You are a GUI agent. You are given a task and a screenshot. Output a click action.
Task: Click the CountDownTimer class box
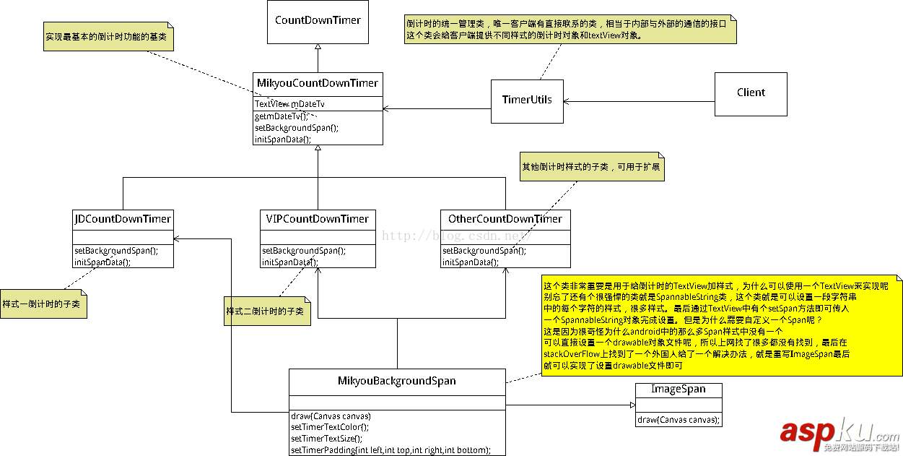(318, 22)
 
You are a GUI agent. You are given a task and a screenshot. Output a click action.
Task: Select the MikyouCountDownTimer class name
(318, 83)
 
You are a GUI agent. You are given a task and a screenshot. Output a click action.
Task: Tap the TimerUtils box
(527, 100)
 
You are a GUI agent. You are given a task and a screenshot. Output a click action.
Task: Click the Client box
(751, 93)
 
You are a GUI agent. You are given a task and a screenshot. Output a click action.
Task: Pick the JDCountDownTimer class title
(123, 219)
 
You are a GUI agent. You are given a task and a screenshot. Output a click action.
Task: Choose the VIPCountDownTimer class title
(318, 219)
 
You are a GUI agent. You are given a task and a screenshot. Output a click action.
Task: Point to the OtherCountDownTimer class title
(505, 219)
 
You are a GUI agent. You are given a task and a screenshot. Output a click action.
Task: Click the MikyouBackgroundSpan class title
(397, 381)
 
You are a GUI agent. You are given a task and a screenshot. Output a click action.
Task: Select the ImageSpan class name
(678, 390)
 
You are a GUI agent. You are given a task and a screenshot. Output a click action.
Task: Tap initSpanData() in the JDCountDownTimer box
(102, 262)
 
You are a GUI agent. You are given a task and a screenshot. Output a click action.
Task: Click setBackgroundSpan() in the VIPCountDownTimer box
(304, 251)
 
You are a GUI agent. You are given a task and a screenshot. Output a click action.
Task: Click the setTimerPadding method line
(391, 449)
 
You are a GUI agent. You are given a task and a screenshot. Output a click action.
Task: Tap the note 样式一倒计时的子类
(43, 304)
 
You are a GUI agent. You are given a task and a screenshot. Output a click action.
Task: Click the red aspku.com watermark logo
(837, 433)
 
